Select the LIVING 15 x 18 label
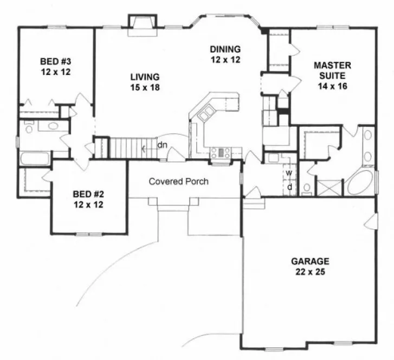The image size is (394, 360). [143, 81]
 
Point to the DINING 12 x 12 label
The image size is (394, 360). [225, 54]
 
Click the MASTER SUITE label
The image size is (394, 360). [333, 75]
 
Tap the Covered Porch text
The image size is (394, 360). [178, 182]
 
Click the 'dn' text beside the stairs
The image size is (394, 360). [162, 145]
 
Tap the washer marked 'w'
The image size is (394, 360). [289, 173]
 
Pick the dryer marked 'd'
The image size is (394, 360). [289, 186]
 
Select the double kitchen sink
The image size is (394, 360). [206, 115]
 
